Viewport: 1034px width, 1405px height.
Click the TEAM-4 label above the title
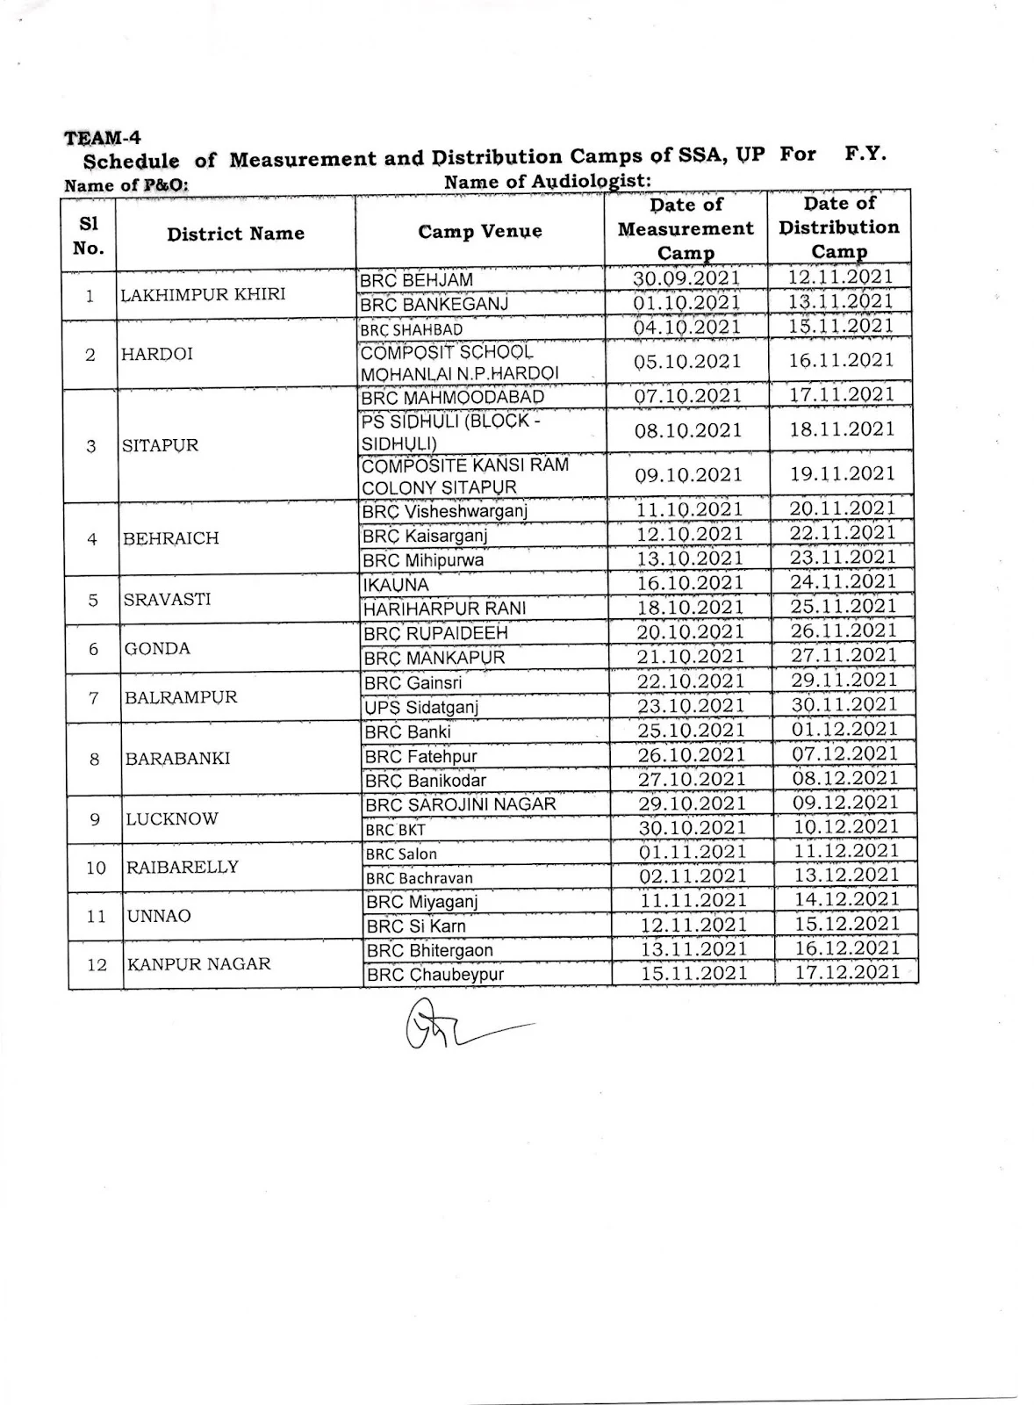[102, 138]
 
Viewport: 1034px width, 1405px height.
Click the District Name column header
[235, 234]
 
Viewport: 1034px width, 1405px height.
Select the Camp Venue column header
[479, 232]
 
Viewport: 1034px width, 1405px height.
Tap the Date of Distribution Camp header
[839, 227]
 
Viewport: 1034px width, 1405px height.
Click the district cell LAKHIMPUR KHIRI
[203, 294]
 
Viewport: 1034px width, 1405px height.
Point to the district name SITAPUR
[161, 445]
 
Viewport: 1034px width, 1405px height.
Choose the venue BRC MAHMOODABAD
[452, 398]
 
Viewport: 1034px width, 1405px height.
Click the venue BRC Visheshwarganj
[445, 511]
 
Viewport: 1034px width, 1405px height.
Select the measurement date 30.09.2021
[686, 278]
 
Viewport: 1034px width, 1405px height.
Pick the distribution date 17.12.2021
[848, 972]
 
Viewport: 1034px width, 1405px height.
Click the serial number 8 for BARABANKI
[95, 760]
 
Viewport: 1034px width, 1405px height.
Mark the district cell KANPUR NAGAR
[199, 964]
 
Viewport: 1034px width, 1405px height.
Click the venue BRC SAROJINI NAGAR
[461, 804]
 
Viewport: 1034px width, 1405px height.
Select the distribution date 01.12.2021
[845, 729]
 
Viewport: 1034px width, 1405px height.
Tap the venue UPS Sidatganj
[421, 707]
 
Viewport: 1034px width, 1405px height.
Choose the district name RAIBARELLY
[183, 868]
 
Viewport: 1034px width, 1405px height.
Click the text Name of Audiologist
[547, 182]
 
